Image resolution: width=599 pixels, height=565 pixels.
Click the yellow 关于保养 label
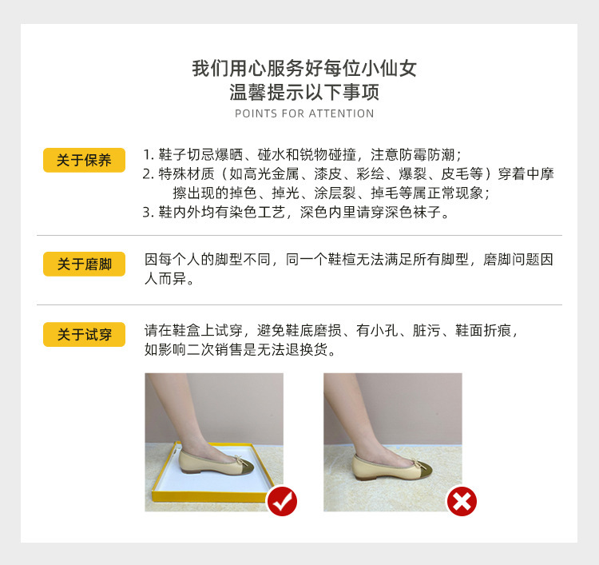[84, 160]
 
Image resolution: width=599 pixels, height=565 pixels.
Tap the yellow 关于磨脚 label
[84, 264]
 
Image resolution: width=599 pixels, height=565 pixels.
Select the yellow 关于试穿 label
[84, 335]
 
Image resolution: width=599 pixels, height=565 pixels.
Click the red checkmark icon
[282, 501]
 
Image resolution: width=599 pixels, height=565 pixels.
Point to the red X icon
[461, 501]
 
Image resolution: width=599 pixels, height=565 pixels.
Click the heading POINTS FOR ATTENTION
[304, 113]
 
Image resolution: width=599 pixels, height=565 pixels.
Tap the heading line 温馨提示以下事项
[304, 92]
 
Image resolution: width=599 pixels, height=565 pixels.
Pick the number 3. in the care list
[148, 213]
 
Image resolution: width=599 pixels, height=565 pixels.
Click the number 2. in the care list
[148, 174]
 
